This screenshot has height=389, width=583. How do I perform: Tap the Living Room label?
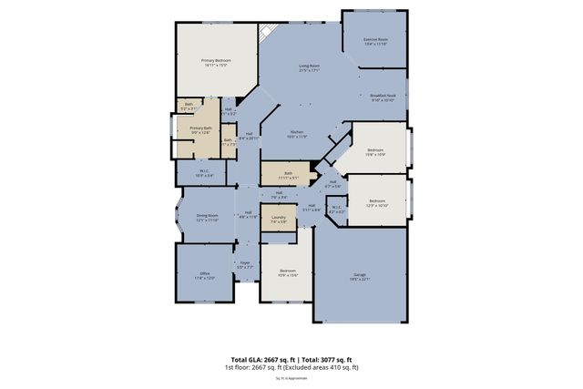coord(310,68)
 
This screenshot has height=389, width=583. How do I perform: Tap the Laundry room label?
coord(279,219)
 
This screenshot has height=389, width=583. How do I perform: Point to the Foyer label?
coord(244,265)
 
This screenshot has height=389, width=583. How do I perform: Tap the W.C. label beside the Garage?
coord(336,210)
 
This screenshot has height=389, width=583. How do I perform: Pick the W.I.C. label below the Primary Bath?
coord(205,172)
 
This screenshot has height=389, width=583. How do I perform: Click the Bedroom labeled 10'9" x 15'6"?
coord(287,273)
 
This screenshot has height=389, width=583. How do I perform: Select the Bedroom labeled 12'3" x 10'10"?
coord(377,203)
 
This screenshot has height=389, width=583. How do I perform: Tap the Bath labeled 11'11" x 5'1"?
coord(288,175)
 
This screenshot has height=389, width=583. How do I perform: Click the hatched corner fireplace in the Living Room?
coord(266,34)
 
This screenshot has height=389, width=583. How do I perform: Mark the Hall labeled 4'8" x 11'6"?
coord(248,215)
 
